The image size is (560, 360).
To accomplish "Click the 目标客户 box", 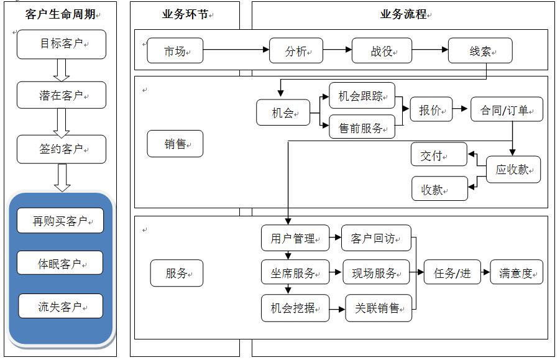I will [x=61, y=44].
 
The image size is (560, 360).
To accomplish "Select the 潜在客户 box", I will [x=61, y=95].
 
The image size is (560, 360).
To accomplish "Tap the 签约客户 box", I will [x=61, y=149].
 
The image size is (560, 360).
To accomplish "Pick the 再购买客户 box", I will [x=60, y=221].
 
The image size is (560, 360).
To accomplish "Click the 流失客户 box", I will [x=60, y=306].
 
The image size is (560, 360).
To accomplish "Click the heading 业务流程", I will [x=403, y=14].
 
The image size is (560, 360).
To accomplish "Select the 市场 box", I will [x=175, y=51].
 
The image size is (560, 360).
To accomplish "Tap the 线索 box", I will [x=480, y=51].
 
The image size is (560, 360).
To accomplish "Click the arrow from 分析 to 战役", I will [x=337, y=50].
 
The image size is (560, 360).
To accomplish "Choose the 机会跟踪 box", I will [x=362, y=96].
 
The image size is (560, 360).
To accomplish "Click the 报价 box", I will [x=431, y=110].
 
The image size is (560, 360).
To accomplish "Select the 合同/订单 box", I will [x=506, y=110].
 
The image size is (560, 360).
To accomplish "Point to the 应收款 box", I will [x=513, y=169].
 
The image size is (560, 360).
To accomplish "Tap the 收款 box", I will [x=439, y=188].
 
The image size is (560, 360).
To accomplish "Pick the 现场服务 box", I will [x=376, y=273].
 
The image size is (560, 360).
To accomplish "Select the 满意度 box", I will [x=516, y=273].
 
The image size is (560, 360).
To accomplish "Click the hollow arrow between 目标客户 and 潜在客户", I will [x=61, y=70].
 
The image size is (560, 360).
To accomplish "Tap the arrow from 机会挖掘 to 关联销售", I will [x=337, y=308].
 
